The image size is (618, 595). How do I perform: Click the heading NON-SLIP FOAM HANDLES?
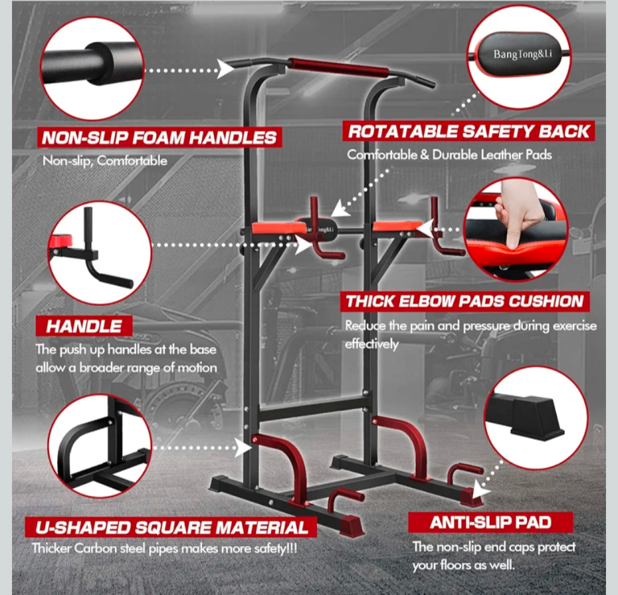click(x=159, y=138)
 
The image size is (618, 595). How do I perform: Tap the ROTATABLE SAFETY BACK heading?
click(x=468, y=131)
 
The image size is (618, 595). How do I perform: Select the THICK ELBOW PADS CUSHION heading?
click(x=464, y=301)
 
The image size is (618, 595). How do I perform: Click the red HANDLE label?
click(x=84, y=326)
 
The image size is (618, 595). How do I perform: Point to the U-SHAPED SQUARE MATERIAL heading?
click(x=171, y=527)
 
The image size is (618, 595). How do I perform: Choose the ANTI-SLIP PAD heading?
click(x=490, y=523)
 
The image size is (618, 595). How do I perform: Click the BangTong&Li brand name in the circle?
click(x=522, y=54)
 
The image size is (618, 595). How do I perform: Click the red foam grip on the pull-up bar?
click(x=339, y=68)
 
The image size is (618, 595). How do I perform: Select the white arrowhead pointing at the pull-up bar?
click(x=225, y=69)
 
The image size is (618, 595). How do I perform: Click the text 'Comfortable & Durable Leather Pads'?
click(x=449, y=155)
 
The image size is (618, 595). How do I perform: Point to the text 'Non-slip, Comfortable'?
click(x=105, y=161)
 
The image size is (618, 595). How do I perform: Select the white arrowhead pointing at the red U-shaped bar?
click(x=244, y=448)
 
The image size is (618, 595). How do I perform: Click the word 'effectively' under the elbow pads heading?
click(x=372, y=344)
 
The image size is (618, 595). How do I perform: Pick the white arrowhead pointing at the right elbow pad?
click(x=425, y=229)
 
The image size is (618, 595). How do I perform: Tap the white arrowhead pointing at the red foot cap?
click(x=481, y=490)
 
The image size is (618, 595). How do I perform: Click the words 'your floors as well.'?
click(x=463, y=565)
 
